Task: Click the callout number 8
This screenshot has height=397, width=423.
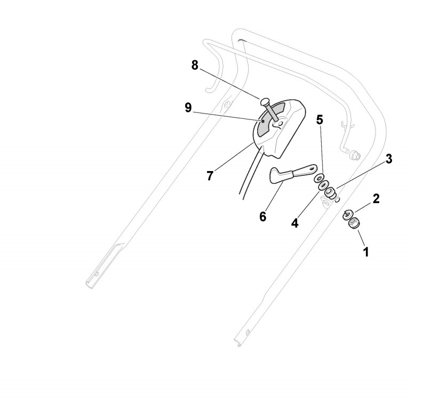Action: click(195, 66)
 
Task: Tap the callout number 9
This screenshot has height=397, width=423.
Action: click(188, 108)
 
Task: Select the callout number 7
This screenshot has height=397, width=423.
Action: click(210, 176)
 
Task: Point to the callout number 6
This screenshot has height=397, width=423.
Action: click(262, 217)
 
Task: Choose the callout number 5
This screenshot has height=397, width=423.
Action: click(320, 119)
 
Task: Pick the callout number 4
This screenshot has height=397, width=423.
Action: click(295, 223)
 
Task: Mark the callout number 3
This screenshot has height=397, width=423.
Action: click(389, 159)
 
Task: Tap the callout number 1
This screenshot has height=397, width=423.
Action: click(366, 250)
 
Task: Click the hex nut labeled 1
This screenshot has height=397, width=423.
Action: click(353, 224)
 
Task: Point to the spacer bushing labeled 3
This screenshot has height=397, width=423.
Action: click(331, 192)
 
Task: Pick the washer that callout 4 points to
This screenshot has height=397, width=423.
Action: click(323, 186)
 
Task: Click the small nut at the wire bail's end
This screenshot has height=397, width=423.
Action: click(354, 156)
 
